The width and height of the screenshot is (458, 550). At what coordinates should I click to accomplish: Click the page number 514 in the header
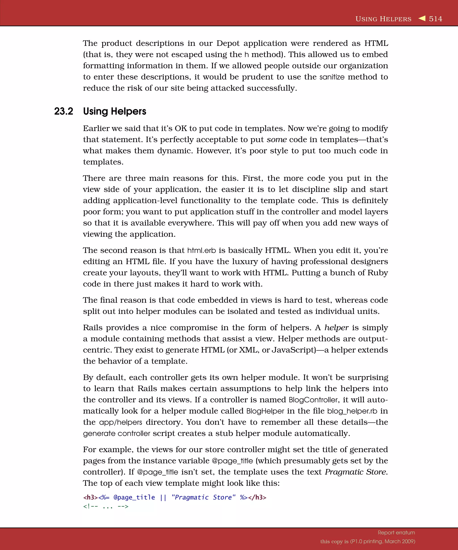pos(435,19)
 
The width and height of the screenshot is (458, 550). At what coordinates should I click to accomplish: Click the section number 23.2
pos(64,111)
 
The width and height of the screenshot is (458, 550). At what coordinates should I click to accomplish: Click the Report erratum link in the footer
pos(396,533)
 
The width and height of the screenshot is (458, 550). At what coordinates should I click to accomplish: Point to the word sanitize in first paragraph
pos(332,77)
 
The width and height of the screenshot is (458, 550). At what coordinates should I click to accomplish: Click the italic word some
pos(277,140)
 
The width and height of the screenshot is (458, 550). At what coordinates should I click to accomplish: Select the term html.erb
pos(201,250)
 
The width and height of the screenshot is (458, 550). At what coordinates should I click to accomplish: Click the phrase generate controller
pos(117,433)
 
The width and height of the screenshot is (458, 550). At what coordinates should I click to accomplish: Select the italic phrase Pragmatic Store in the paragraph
pos(355,472)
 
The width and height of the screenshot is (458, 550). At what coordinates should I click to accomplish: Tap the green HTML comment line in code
pos(106,506)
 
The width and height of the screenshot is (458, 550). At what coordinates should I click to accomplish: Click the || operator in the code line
pos(163,497)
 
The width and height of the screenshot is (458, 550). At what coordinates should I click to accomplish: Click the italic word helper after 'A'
pos(336,328)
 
